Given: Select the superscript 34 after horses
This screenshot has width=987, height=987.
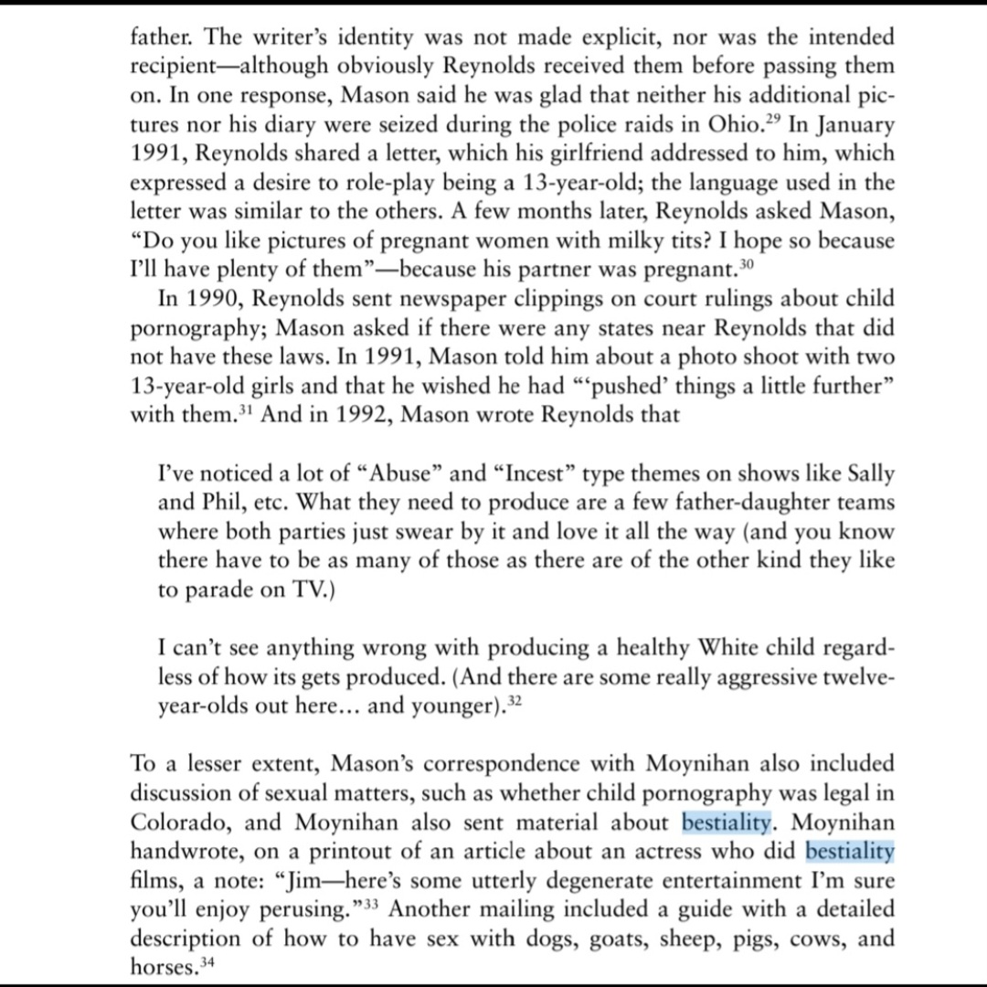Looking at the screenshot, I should click(x=209, y=961).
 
